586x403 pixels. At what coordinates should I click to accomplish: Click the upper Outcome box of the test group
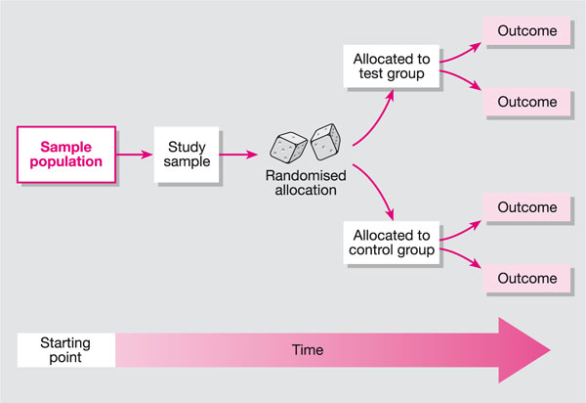point(527,32)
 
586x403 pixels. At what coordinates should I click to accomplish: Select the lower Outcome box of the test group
point(527,102)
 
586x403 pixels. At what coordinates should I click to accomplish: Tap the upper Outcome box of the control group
point(527,207)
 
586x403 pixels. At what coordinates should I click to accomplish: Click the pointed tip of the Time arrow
point(547,350)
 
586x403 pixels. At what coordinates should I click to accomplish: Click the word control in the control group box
point(371,250)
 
